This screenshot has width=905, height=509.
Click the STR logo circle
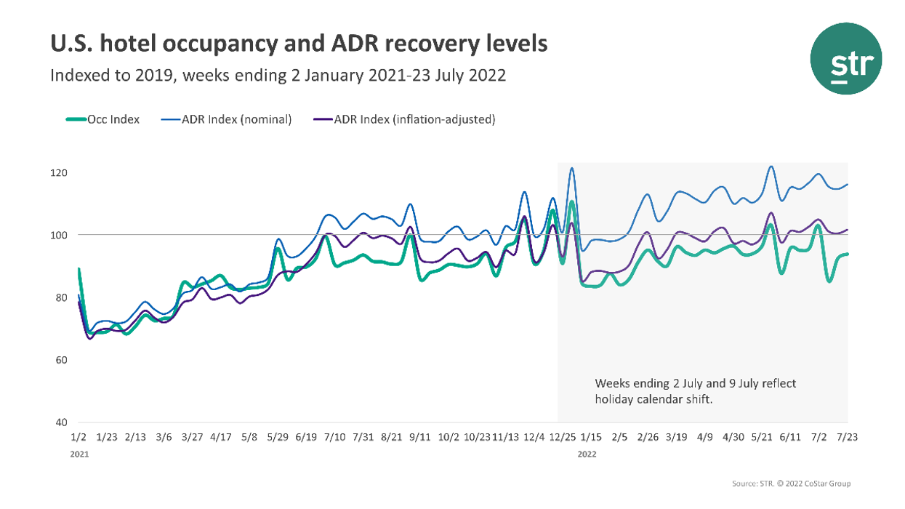(845, 58)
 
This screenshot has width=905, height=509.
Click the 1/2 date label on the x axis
(79, 438)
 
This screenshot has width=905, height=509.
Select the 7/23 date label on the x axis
(848, 438)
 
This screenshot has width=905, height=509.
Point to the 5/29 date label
(278, 438)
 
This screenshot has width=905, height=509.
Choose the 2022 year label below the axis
(587, 453)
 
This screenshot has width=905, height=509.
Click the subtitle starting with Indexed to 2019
(278, 76)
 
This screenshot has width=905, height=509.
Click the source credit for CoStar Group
(791, 484)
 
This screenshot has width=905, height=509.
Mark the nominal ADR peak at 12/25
(571, 169)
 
